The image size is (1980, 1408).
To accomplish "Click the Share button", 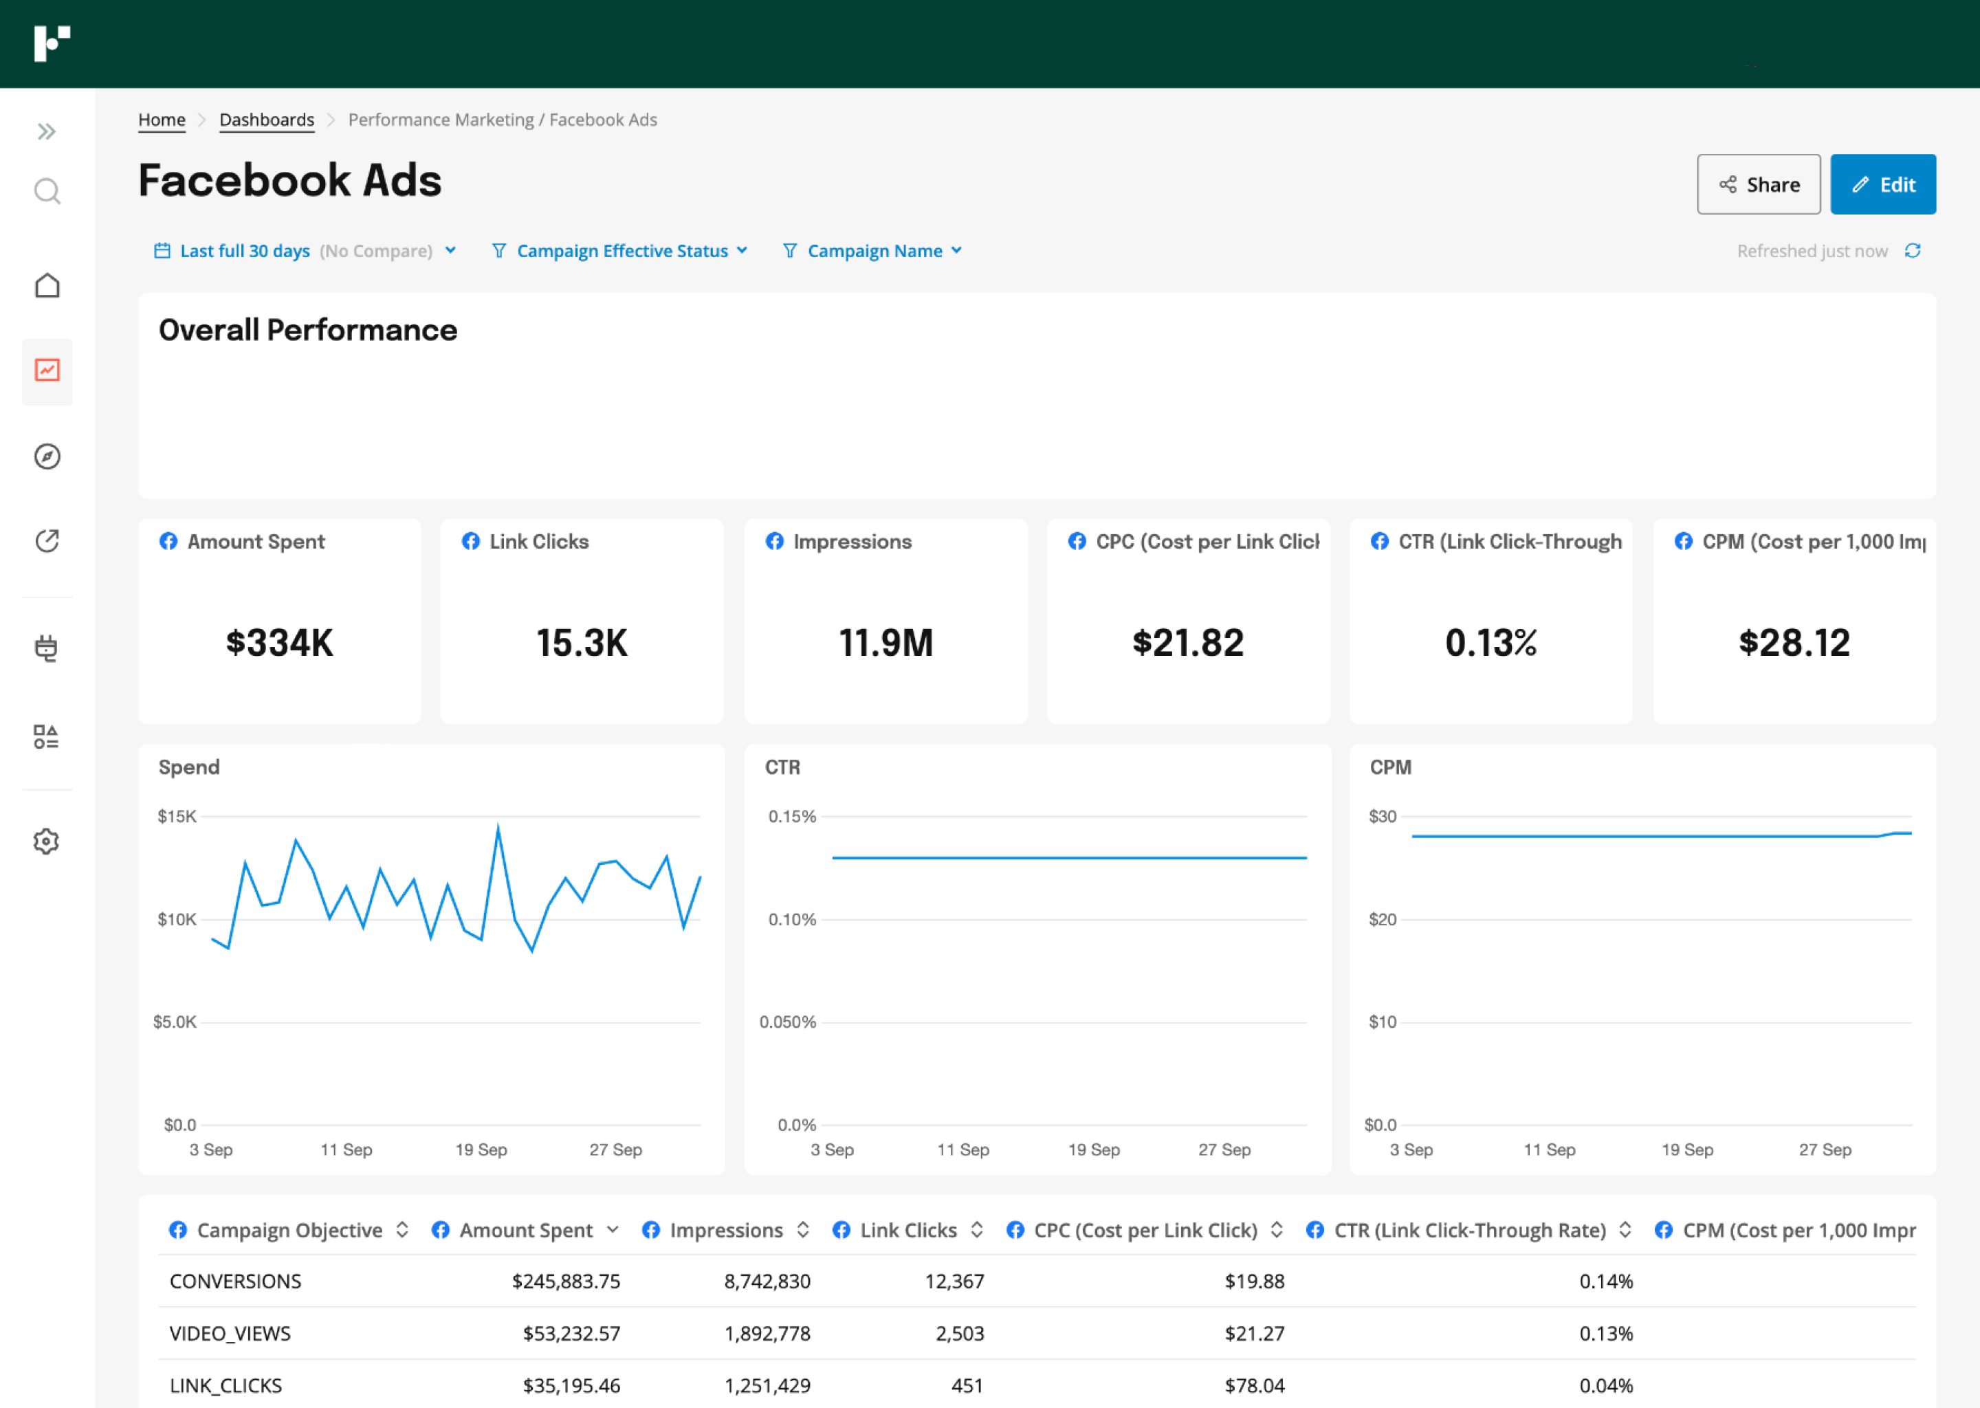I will click(x=1758, y=185).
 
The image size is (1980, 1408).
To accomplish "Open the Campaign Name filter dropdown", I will click(x=873, y=250).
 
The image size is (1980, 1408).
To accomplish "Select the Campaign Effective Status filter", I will click(x=620, y=250).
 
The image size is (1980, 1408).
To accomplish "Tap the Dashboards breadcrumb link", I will click(x=266, y=120).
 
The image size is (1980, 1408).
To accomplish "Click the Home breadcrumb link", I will click(x=162, y=120).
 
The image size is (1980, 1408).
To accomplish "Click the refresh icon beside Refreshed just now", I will click(x=1913, y=250).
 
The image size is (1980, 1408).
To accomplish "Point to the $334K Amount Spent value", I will click(x=279, y=642).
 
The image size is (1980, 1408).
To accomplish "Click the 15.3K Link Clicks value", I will click(x=582, y=642).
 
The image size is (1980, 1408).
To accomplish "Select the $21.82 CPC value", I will click(x=1187, y=642).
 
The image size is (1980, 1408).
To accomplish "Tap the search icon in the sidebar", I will click(x=47, y=190).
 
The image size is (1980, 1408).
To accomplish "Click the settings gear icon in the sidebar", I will click(x=47, y=841).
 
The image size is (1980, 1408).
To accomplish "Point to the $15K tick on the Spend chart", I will click(x=177, y=816).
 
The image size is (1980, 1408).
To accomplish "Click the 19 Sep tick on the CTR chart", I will click(x=1093, y=1149).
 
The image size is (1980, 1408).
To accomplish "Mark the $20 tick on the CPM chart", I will click(x=1382, y=919).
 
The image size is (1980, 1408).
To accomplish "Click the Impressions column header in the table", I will click(x=725, y=1230).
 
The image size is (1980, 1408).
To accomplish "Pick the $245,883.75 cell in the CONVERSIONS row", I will click(x=566, y=1281).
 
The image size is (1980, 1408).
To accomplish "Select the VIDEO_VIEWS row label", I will click(x=230, y=1334).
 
